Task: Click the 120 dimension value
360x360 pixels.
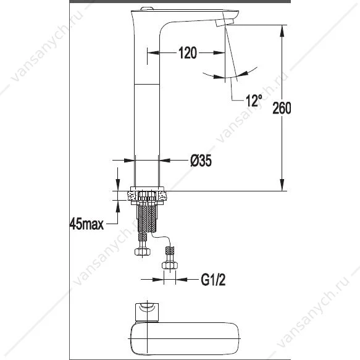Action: [x=188, y=53]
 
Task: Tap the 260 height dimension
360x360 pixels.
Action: [x=282, y=108]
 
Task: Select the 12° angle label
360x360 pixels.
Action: [x=254, y=100]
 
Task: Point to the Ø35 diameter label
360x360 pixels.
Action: [x=201, y=161]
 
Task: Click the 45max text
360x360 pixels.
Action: [x=86, y=224]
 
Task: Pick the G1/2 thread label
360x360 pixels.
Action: [x=213, y=280]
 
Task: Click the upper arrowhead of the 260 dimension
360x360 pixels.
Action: [x=282, y=30]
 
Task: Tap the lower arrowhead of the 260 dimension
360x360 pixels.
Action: [x=282, y=185]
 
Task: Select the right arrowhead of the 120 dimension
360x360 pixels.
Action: [x=219, y=53]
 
